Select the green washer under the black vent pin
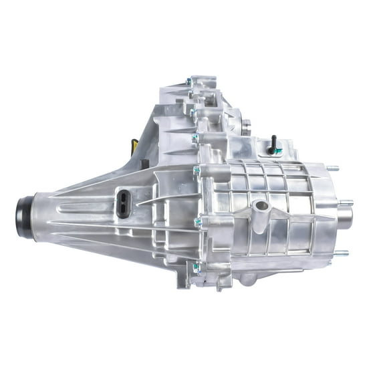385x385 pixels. [x=272, y=152]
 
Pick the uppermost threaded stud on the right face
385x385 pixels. [x=332, y=168]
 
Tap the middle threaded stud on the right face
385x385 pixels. [x=346, y=203]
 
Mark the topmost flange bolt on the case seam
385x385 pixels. [x=188, y=82]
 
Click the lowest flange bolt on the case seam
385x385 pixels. [x=195, y=267]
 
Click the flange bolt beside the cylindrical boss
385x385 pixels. [x=198, y=221]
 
